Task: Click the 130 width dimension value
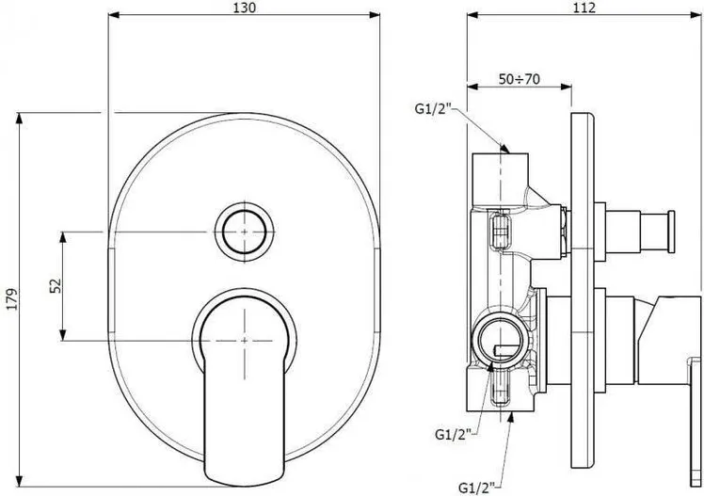tap(245, 8)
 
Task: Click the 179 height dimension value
tap(12, 299)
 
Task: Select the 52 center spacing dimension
tap(56, 286)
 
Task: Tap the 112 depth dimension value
tap(584, 8)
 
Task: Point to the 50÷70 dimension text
tap(519, 79)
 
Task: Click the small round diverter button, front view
tap(245, 232)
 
